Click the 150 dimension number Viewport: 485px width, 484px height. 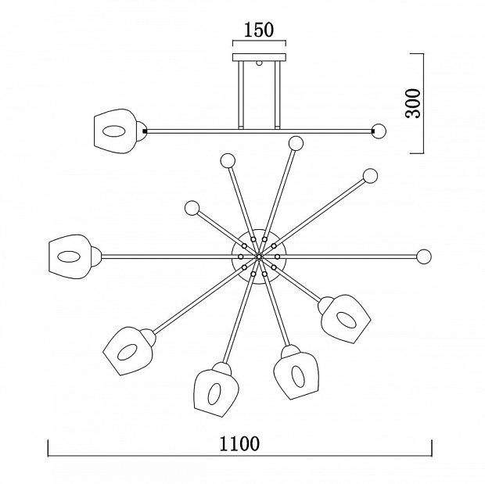point(259,30)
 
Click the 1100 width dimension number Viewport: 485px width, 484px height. point(239,444)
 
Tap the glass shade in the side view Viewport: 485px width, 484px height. point(114,131)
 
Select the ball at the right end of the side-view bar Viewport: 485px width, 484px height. point(379,131)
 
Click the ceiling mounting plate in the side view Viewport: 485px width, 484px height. point(259,57)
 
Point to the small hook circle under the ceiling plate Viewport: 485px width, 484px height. point(259,63)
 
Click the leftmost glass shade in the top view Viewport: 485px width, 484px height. point(70,256)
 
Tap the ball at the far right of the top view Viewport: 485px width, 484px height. point(424,256)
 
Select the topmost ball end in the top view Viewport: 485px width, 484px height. point(296,144)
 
